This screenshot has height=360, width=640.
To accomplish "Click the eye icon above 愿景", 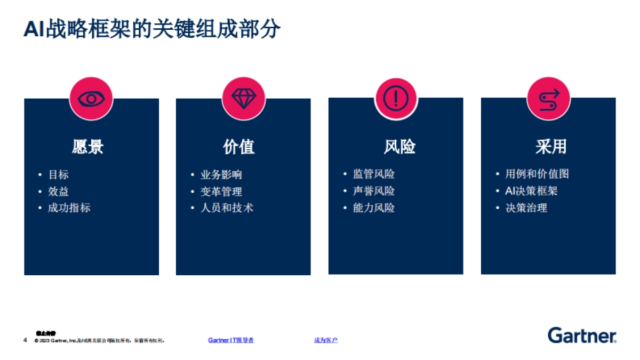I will click(x=91, y=99).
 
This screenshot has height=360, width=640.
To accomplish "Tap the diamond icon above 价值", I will click(x=244, y=99).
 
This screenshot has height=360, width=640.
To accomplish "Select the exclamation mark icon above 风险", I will click(x=396, y=98).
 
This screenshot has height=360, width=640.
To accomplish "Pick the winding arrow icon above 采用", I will click(x=548, y=98).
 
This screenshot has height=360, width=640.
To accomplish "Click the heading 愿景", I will click(x=88, y=147).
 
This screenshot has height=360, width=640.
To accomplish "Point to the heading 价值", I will click(x=239, y=147).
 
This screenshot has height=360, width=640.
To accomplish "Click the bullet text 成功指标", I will click(x=69, y=208).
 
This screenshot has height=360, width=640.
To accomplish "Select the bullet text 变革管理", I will click(x=221, y=191).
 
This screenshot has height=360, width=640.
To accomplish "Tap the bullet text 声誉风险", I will click(x=374, y=191).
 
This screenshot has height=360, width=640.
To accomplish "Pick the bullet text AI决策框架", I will click(x=531, y=191).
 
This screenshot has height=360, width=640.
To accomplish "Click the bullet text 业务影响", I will click(x=221, y=175).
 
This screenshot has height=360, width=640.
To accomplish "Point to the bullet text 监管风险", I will click(x=374, y=174).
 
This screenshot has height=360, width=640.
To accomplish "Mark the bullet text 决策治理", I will click(x=526, y=208).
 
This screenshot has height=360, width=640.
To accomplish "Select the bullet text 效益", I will click(x=59, y=191).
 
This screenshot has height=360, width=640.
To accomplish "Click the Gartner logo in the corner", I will click(x=582, y=335).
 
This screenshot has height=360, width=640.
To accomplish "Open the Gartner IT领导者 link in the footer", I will click(x=231, y=340).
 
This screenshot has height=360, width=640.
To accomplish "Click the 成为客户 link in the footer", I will click(x=326, y=340).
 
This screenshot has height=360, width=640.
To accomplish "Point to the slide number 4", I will click(x=25, y=340).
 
